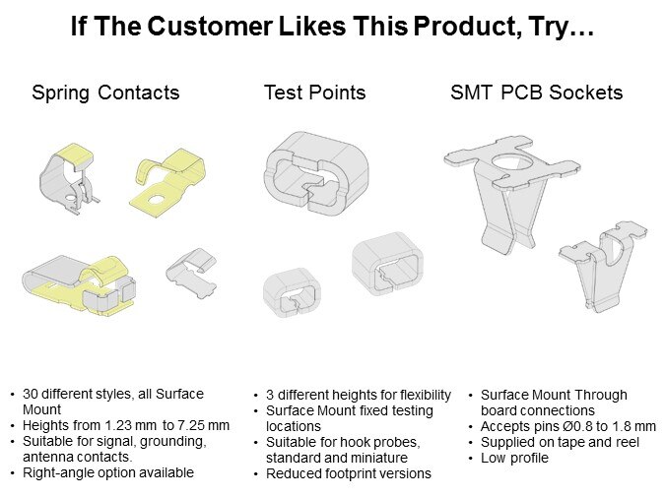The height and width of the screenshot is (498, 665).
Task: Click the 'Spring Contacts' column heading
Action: coord(105,93)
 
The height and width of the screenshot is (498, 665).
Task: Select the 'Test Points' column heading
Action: coord(314,93)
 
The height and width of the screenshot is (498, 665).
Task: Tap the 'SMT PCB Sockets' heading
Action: coord(537,93)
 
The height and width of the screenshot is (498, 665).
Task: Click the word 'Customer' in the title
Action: coord(210,26)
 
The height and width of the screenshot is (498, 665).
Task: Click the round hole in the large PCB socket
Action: coord(512,162)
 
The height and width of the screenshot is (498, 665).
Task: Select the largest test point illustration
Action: coord(316,173)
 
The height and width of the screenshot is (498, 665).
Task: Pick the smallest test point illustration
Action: coord(292,292)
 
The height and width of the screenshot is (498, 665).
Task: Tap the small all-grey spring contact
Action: coord(191,273)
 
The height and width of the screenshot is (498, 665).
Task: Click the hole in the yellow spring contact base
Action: coord(157,199)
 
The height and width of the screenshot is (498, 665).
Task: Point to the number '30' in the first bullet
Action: coord(31,394)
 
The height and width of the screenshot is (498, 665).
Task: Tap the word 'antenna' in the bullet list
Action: coord(47,458)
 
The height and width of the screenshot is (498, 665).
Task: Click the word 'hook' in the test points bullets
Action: coord(356,443)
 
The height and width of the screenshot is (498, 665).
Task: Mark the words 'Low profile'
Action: coord(514,459)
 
